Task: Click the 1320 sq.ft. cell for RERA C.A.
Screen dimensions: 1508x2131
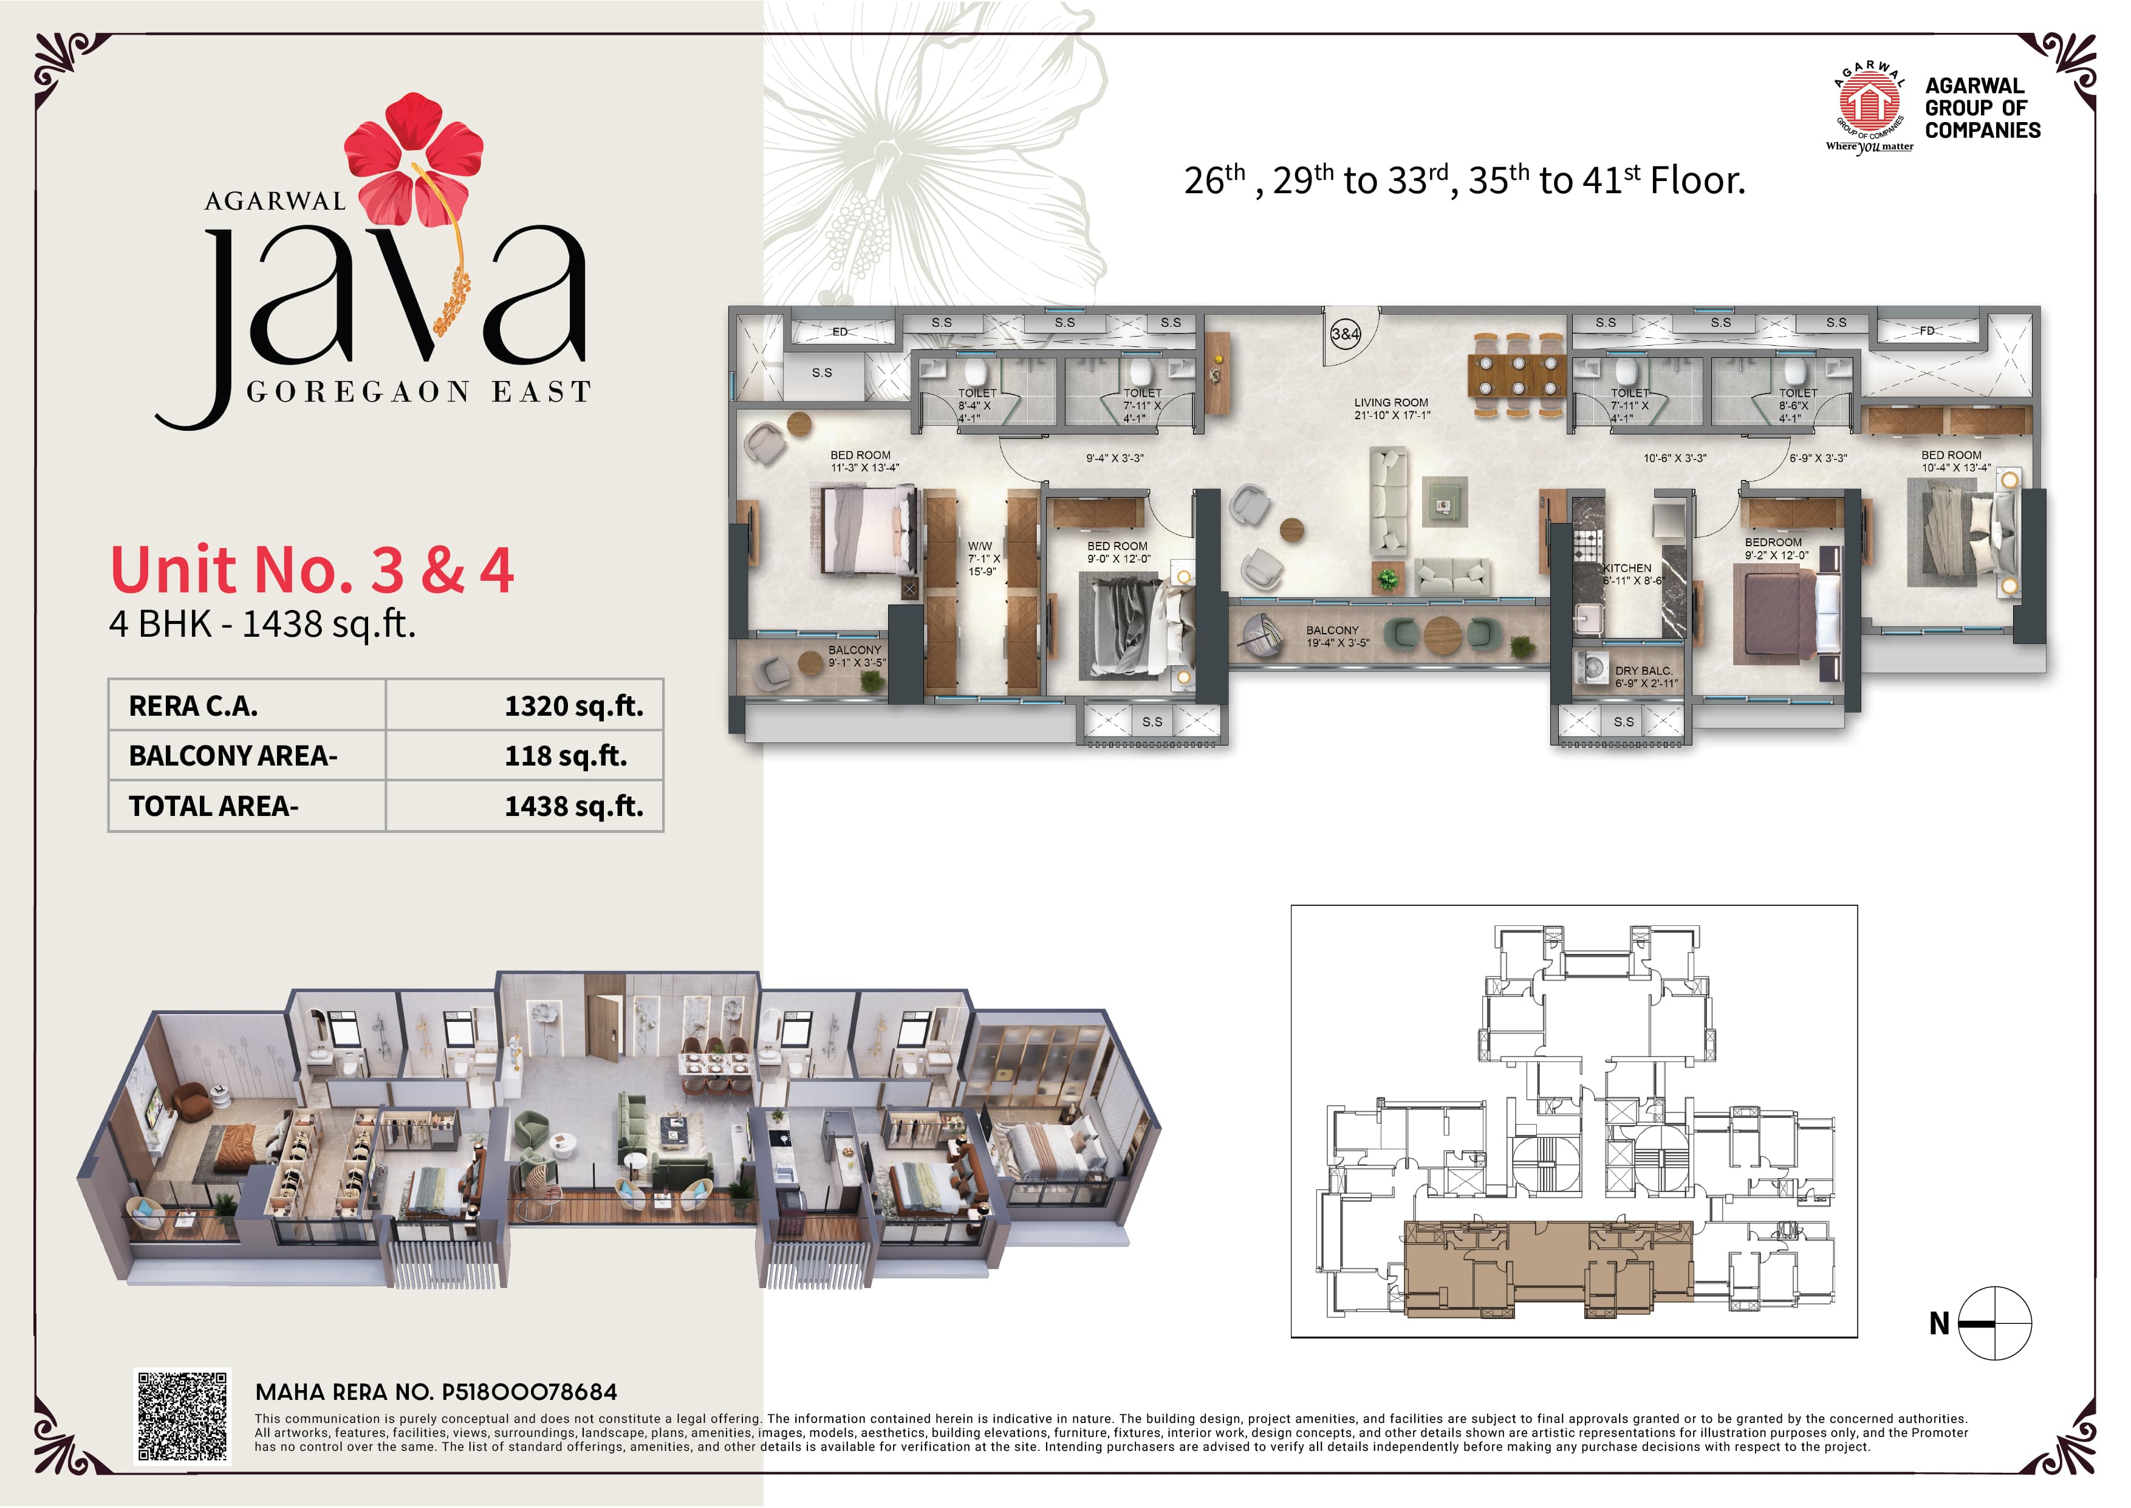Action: pos(573,706)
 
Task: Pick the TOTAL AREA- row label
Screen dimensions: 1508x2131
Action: pos(213,806)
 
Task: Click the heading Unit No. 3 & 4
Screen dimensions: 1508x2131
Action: pos(312,569)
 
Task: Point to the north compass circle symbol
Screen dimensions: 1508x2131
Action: pos(1994,1323)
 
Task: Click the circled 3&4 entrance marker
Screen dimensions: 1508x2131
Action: pos(1345,334)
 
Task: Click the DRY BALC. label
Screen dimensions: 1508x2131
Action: pos(1644,670)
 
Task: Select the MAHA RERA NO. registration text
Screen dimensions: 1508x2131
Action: pos(436,1392)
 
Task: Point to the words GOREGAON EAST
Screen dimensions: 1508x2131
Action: pos(419,392)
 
